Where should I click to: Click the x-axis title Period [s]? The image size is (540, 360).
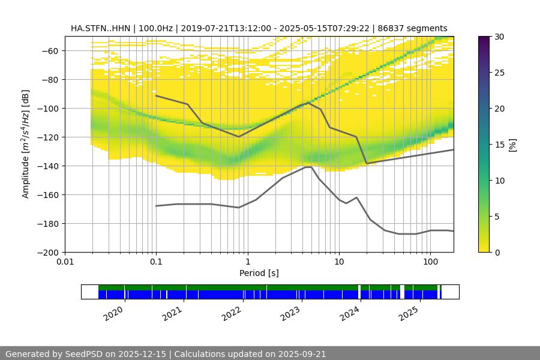(259, 274)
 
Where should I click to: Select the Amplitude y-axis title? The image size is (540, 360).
(25, 144)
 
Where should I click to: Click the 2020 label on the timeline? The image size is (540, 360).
(113, 313)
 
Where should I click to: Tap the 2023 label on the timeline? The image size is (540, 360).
(290, 313)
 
